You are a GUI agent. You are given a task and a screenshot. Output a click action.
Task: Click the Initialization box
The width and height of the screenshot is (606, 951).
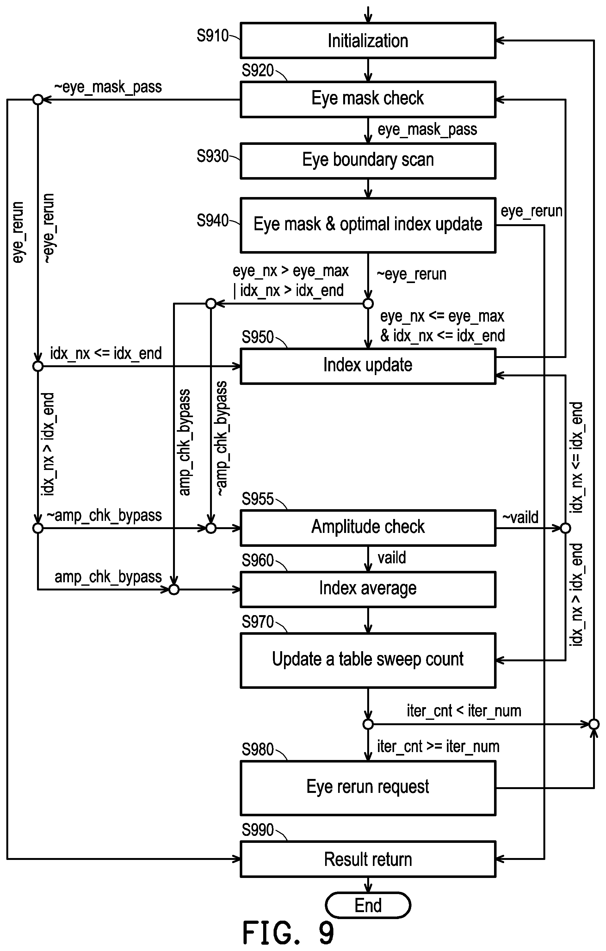(368, 41)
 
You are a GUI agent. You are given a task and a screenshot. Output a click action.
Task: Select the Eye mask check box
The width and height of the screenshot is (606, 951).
(368, 99)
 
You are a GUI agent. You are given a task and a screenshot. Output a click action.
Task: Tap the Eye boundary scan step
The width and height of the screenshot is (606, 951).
(368, 161)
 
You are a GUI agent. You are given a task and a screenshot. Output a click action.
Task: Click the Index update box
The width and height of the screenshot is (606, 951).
(368, 366)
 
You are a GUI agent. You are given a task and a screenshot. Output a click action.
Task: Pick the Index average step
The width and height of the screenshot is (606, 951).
(368, 589)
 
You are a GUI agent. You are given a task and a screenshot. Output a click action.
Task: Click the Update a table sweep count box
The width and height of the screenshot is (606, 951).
(368, 660)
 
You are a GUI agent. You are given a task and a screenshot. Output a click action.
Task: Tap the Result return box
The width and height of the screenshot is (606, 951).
(368, 859)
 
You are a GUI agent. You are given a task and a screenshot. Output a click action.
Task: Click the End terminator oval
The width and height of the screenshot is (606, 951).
(368, 905)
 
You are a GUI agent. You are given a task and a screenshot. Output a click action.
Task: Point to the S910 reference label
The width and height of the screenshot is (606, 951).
(213, 36)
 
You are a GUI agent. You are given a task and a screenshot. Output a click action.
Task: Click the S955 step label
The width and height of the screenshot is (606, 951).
(257, 499)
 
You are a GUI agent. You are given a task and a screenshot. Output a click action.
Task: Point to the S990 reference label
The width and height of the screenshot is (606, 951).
(257, 830)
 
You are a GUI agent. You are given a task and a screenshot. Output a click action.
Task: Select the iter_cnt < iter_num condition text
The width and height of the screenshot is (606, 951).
(464, 711)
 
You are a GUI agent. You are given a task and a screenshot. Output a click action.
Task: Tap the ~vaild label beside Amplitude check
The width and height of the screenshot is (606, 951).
(520, 517)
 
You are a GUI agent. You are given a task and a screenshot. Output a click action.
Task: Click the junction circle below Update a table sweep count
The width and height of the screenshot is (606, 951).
(368, 724)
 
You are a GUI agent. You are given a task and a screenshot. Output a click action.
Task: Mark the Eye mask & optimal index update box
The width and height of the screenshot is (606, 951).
(368, 225)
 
